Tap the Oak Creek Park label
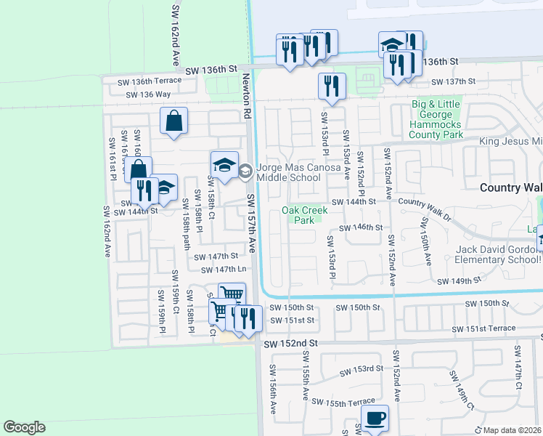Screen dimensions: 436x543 [x=304, y=215]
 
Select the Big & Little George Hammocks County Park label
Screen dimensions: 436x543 [x=436, y=119]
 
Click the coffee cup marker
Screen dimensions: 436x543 [x=375, y=419]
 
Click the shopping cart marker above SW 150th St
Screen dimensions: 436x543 [x=232, y=295]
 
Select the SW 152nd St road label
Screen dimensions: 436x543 [x=291, y=342]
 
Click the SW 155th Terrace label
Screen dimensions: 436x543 [x=343, y=402]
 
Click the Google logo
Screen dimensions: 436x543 [x=24, y=427]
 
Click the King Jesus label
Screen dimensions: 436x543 [x=511, y=141]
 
